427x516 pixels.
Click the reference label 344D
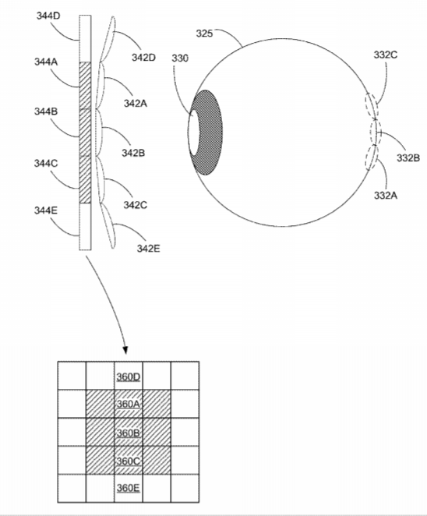48,16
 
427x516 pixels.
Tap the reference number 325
205,34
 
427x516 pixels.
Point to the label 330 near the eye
180,58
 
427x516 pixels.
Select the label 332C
386,55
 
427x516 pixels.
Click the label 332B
408,158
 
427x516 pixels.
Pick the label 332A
386,196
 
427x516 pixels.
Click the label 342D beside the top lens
143,57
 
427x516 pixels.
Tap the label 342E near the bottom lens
148,249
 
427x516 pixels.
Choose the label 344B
46,111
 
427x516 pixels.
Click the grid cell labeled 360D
129,376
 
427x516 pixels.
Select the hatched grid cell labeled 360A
129,404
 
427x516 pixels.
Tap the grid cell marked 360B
129,432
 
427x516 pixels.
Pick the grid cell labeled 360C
129,461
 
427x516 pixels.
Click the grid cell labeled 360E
129,489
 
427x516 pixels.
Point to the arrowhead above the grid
125,350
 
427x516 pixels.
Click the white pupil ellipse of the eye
194,133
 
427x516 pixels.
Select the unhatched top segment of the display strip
85,38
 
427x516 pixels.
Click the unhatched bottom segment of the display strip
85,227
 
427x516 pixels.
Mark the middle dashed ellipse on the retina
375,132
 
